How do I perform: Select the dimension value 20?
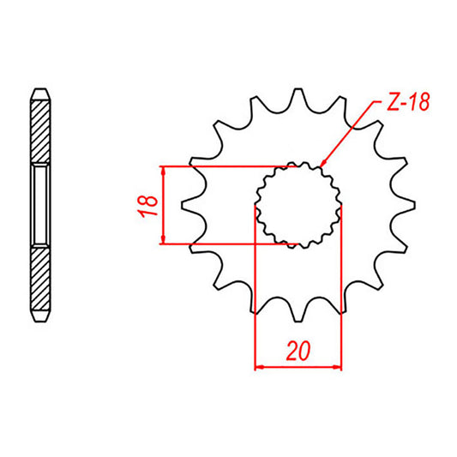click(x=298, y=352)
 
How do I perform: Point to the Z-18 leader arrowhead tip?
click(x=319, y=165)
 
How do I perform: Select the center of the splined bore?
click(x=298, y=205)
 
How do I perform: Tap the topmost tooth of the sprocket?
click(x=298, y=94)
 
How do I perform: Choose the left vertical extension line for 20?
click(x=256, y=292)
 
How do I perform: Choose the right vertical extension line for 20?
click(x=341, y=292)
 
